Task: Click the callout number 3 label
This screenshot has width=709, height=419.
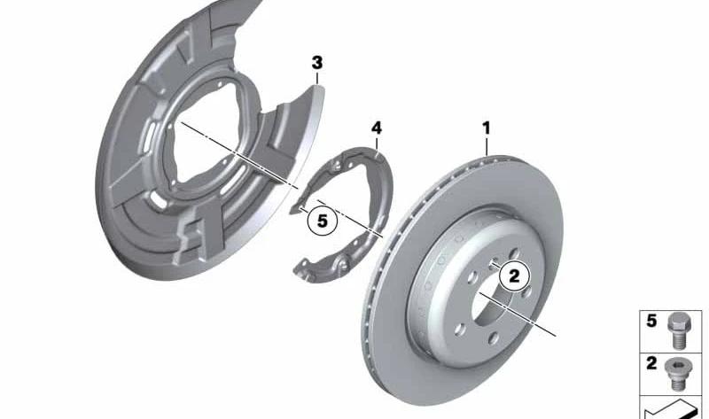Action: pyautogui.click(x=317, y=63)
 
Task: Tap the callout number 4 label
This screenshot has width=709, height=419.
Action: pyautogui.click(x=376, y=128)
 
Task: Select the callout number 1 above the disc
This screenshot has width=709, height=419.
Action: pyautogui.click(x=486, y=128)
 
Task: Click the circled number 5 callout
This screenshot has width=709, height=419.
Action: pyautogui.click(x=322, y=221)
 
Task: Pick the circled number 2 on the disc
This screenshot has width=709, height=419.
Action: pyautogui.click(x=515, y=275)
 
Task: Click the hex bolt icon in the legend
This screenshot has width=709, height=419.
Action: pyautogui.click(x=676, y=330)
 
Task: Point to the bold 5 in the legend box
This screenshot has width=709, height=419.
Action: pyautogui.click(x=651, y=321)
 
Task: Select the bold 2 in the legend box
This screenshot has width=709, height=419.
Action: pyautogui.click(x=651, y=363)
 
